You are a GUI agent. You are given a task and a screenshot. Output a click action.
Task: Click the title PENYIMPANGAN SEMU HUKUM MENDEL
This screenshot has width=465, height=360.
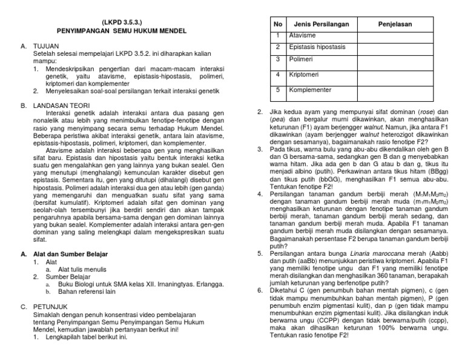122,30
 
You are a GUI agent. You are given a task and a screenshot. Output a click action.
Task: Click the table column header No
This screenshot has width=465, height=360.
279,24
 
